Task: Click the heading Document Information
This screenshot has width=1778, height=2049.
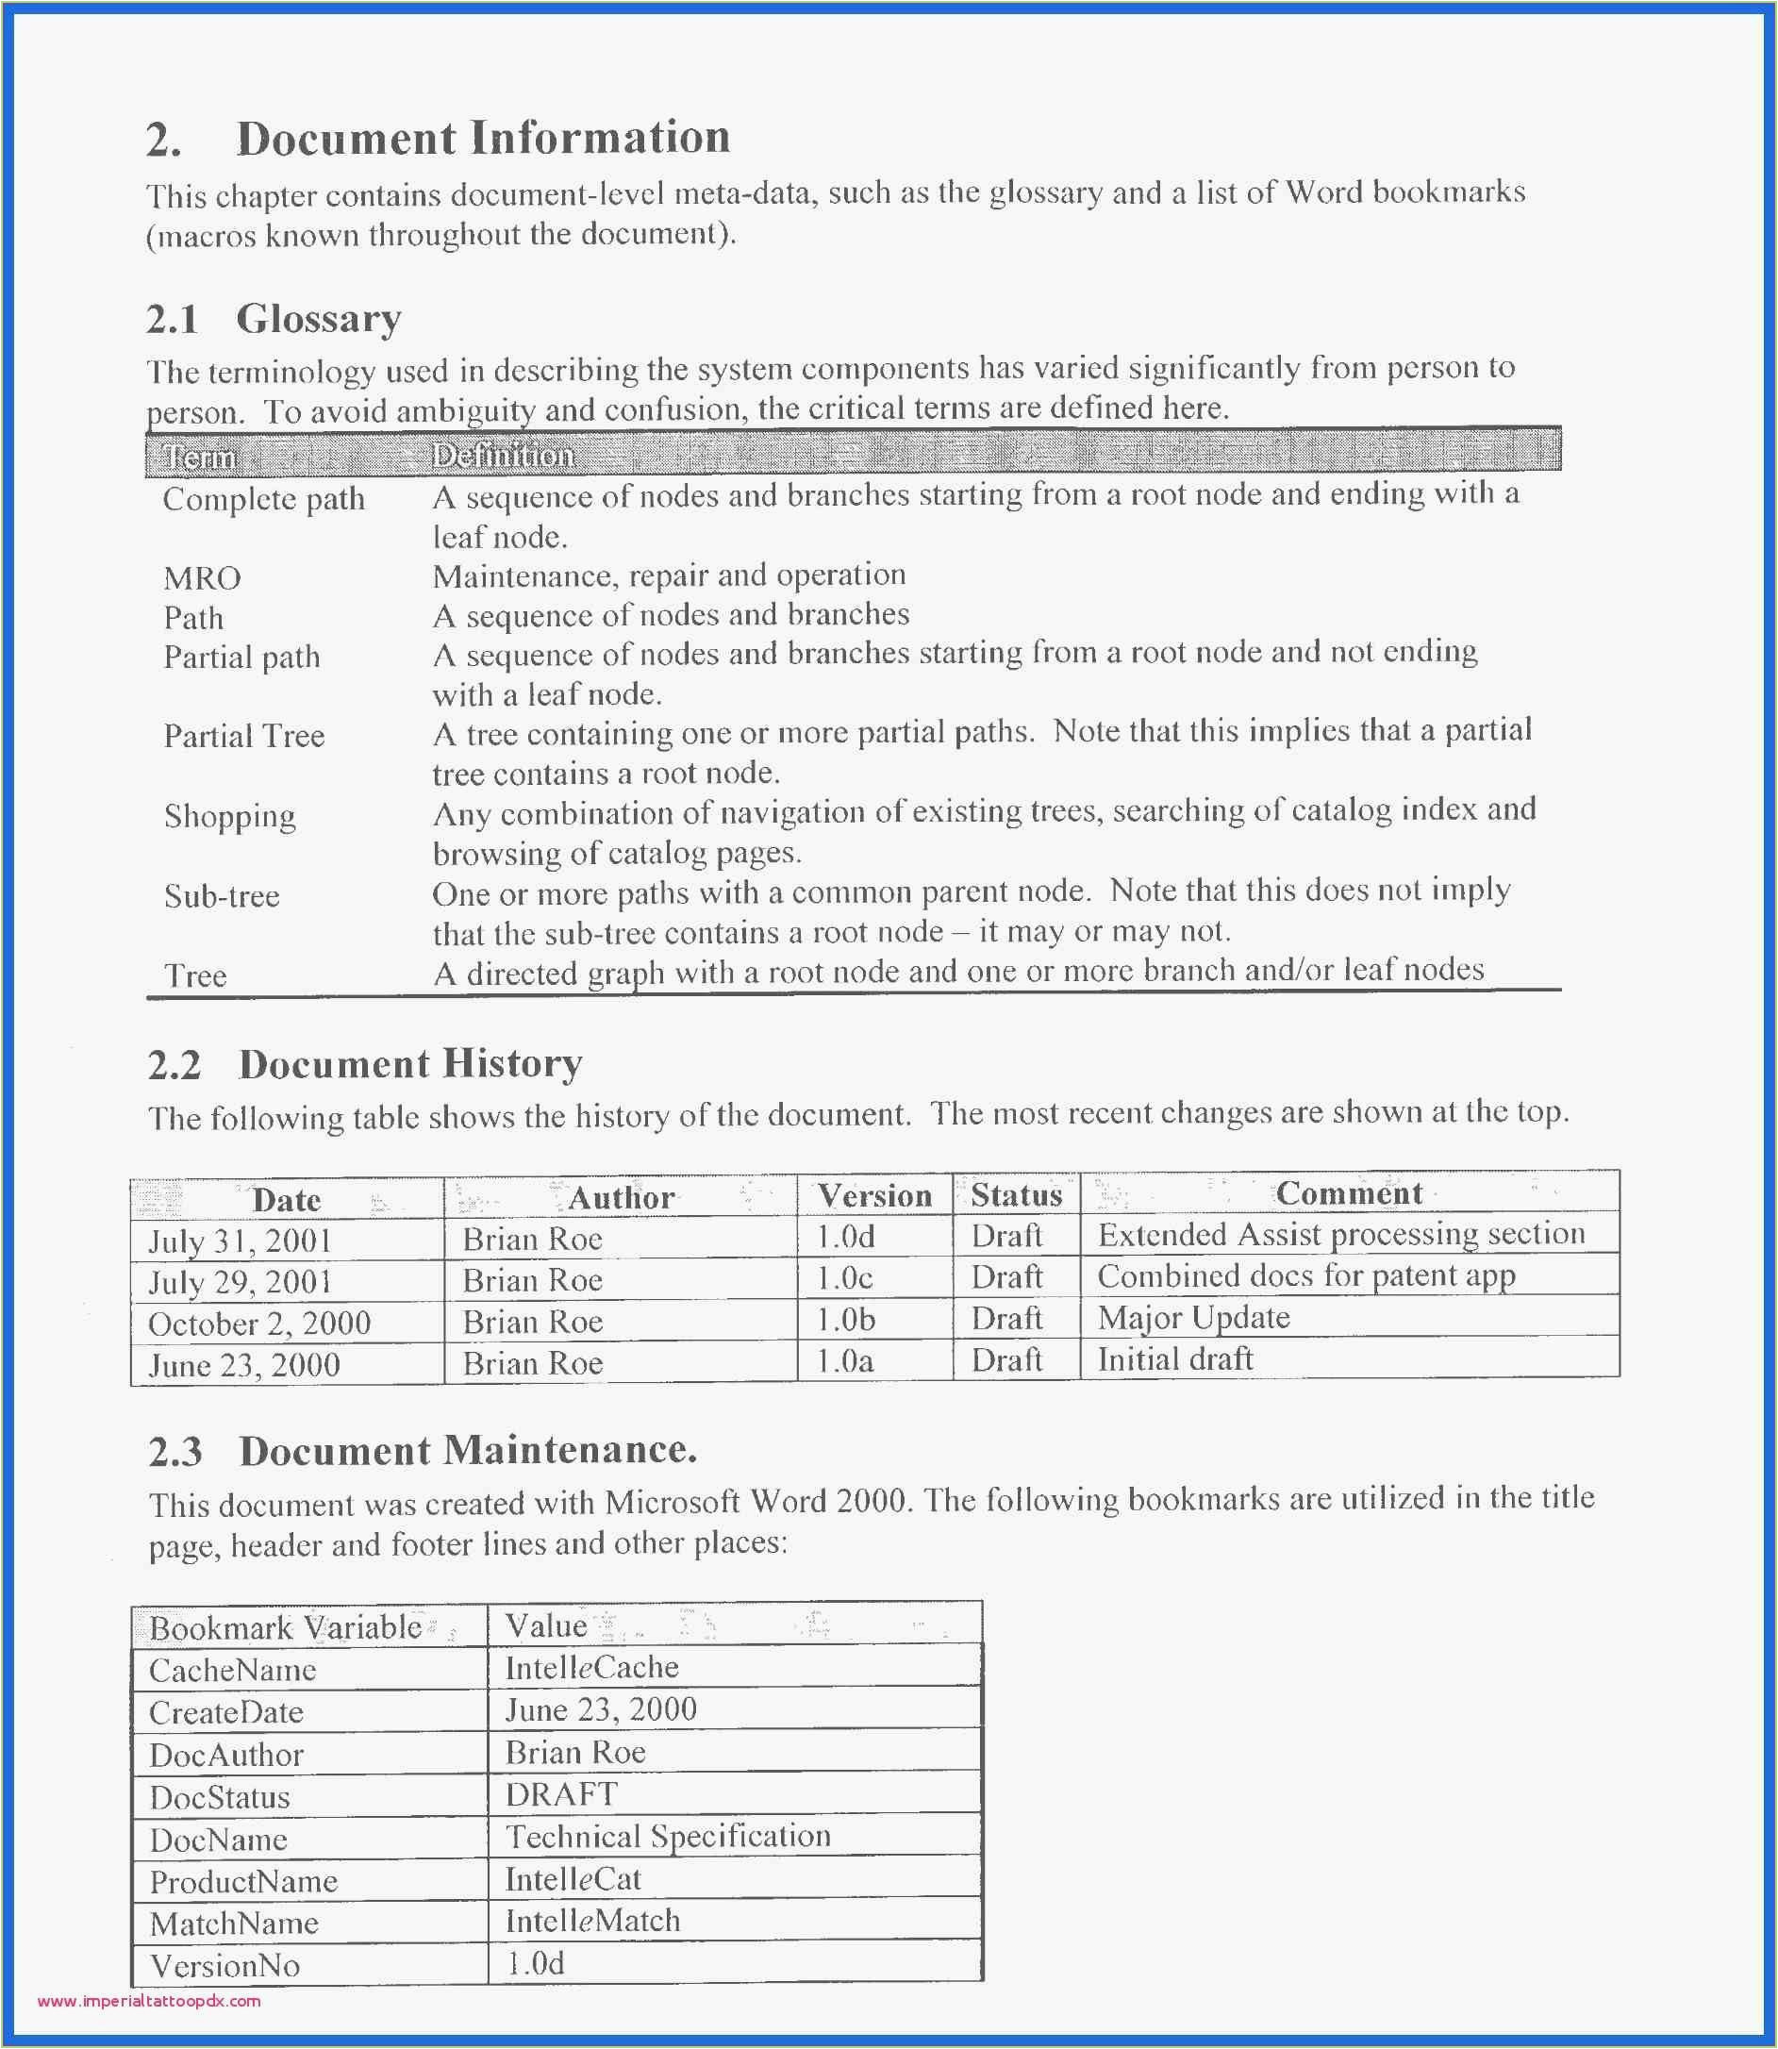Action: [483, 138]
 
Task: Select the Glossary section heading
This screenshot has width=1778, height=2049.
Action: [319, 320]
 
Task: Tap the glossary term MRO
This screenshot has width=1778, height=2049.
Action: [202, 578]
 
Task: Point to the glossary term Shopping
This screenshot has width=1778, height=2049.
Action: [229, 817]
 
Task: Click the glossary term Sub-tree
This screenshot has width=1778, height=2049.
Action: [222, 897]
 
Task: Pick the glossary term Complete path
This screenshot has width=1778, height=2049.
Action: [264, 499]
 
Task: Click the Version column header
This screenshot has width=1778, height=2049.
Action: [874, 1195]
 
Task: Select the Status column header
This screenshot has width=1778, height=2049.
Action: [1016, 1194]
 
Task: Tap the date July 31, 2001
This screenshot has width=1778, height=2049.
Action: [241, 1241]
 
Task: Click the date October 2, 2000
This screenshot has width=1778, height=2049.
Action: [259, 1324]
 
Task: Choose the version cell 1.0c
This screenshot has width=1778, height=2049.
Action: [844, 1278]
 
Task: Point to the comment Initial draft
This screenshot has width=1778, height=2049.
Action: [1174, 1358]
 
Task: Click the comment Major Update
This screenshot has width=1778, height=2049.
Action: [1193, 1318]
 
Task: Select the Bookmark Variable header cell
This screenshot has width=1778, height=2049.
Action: [286, 1627]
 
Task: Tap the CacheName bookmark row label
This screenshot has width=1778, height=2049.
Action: [232, 1670]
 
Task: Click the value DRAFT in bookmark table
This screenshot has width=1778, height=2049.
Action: [560, 1794]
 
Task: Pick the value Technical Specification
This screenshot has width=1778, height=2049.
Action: [668, 1836]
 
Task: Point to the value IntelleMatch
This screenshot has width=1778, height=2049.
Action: [592, 1921]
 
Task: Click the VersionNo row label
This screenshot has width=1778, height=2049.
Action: [224, 1966]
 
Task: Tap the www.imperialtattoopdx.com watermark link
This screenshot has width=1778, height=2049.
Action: [149, 2002]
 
